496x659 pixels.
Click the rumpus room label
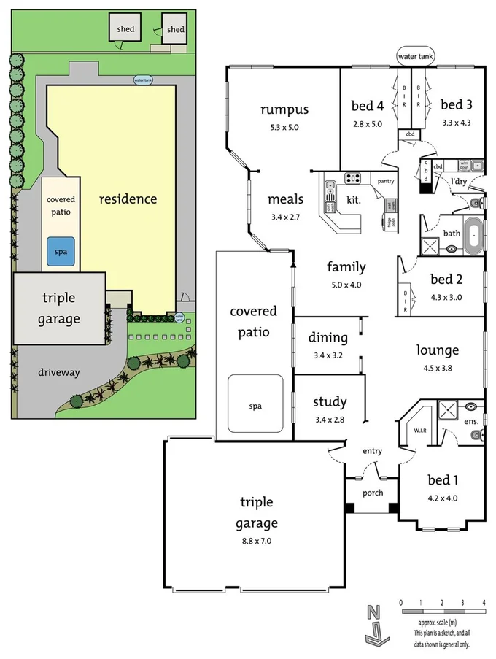click(x=284, y=110)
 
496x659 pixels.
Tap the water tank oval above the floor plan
click(x=415, y=55)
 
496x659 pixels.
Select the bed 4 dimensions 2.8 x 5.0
click(x=368, y=124)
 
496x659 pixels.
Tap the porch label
click(x=373, y=493)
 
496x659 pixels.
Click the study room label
click(x=330, y=402)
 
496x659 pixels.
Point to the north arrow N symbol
click(x=373, y=612)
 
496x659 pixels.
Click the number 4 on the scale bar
click(x=484, y=602)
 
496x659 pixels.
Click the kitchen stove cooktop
click(x=353, y=177)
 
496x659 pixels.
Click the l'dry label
click(x=459, y=180)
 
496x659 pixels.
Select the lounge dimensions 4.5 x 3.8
click(x=438, y=368)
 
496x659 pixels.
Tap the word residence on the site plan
click(x=128, y=199)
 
